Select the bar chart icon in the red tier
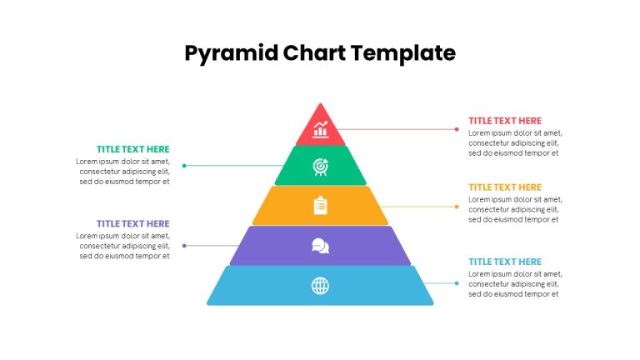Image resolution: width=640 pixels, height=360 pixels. click(320, 129)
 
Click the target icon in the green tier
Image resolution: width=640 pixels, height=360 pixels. click(320, 167)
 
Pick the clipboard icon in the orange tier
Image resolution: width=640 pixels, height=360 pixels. click(320, 205)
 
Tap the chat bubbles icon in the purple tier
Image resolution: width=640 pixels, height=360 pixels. click(320, 246)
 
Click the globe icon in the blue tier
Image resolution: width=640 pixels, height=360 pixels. click(320, 286)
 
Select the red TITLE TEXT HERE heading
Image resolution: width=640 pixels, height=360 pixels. click(505, 121)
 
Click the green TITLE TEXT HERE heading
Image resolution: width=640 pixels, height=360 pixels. click(133, 149)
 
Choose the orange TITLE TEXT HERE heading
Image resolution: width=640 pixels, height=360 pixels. click(505, 187)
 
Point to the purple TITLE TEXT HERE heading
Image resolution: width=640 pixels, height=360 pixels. click(133, 223)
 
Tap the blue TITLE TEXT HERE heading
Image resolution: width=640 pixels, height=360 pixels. click(505, 262)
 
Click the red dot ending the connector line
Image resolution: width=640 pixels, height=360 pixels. click(457, 129)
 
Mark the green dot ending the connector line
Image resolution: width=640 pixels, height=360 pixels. click(184, 166)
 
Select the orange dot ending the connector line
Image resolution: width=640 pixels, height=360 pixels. click(457, 207)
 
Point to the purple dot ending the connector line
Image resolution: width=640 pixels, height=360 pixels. click(184, 246)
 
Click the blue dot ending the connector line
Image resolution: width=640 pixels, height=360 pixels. click(457, 283)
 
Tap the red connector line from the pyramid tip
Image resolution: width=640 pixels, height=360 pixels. click(396, 129)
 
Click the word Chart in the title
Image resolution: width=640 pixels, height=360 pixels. click(314, 53)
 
